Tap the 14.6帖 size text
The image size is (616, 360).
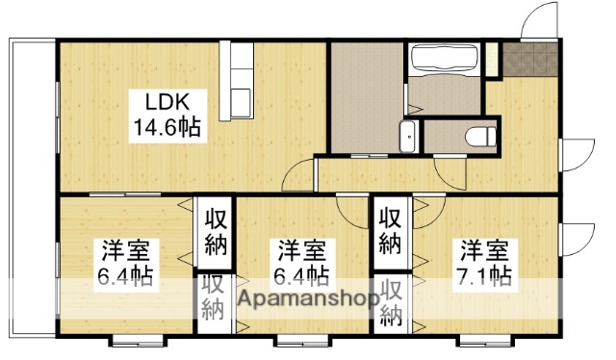pyautogui.click(x=167, y=125)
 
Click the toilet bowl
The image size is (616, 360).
pyautogui.click(x=477, y=136)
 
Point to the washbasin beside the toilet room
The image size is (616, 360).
pyautogui.click(x=408, y=138)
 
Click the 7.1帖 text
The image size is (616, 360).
pyautogui.click(x=484, y=276)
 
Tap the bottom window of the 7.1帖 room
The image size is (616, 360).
pyautogui.click(x=478, y=339)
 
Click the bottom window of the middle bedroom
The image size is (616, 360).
pyautogui.click(x=295, y=339)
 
